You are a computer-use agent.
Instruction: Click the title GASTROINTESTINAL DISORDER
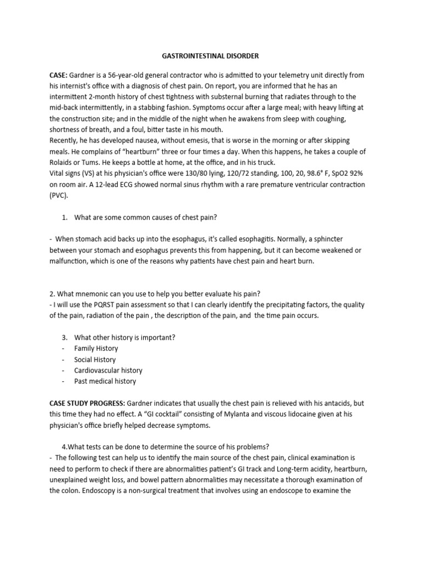click(x=210, y=56)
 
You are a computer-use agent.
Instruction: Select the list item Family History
click(x=96, y=348)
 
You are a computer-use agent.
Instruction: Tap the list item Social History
click(x=95, y=359)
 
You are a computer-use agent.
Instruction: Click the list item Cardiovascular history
click(x=109, y=370)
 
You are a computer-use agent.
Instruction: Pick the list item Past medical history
click(x=105, y=381)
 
